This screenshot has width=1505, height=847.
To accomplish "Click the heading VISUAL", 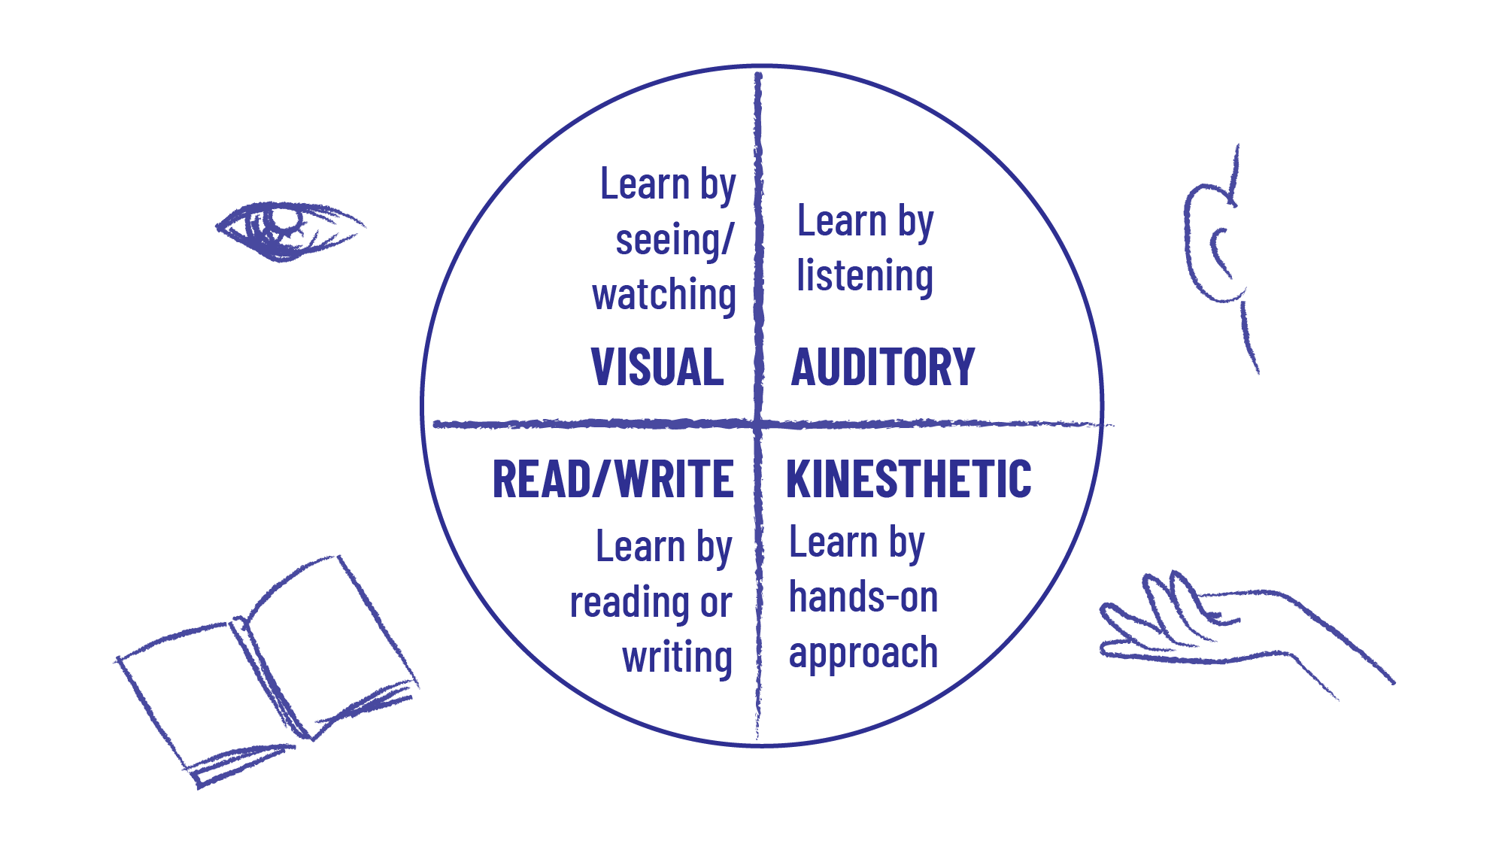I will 657,367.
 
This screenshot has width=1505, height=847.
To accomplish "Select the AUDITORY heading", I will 883,367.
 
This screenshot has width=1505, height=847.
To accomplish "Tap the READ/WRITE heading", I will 613,479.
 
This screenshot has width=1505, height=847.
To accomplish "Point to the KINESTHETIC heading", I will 909,479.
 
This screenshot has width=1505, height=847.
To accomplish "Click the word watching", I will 664,295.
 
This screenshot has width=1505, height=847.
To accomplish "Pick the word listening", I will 865,276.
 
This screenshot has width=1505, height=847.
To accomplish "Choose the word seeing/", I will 674,241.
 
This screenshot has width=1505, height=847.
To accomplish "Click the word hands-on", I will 863,598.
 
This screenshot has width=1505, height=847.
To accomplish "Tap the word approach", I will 863,653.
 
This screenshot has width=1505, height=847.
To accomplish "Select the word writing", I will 677,657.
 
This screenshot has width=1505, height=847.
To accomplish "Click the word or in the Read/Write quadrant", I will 715,603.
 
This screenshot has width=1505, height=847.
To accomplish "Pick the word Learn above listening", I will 842,222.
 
